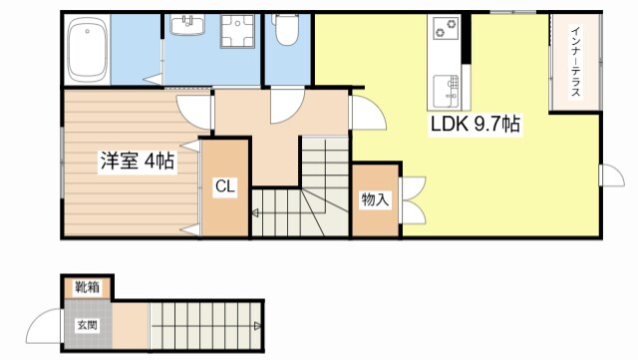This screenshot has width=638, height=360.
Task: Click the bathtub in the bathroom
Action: point(88,51)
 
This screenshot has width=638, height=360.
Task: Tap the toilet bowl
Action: point(287,30)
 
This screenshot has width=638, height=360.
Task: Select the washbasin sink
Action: point(187,25)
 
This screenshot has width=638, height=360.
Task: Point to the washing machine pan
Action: point(237,31)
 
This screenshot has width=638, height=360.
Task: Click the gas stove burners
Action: point(446,28)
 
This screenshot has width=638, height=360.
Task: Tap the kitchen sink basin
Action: point(446,91)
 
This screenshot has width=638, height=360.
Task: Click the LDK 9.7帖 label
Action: point(476,125)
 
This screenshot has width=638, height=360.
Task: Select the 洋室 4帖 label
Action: point(138,162)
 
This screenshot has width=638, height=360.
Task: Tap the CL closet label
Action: point(225,186)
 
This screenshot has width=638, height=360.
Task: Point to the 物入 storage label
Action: point(375,199)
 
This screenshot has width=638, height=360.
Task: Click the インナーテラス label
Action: point(575,62)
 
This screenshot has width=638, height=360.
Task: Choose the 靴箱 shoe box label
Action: point(87,287)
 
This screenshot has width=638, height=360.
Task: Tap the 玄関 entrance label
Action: point(88,325)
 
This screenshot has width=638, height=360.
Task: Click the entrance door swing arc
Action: point(36,319)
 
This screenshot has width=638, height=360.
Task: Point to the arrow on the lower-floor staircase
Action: point(257,325)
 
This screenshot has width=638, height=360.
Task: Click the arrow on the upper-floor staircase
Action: point(255,212)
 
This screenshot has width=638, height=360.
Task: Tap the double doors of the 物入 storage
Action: point(413,200)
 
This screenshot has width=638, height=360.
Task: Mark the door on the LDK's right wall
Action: point(612,176)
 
